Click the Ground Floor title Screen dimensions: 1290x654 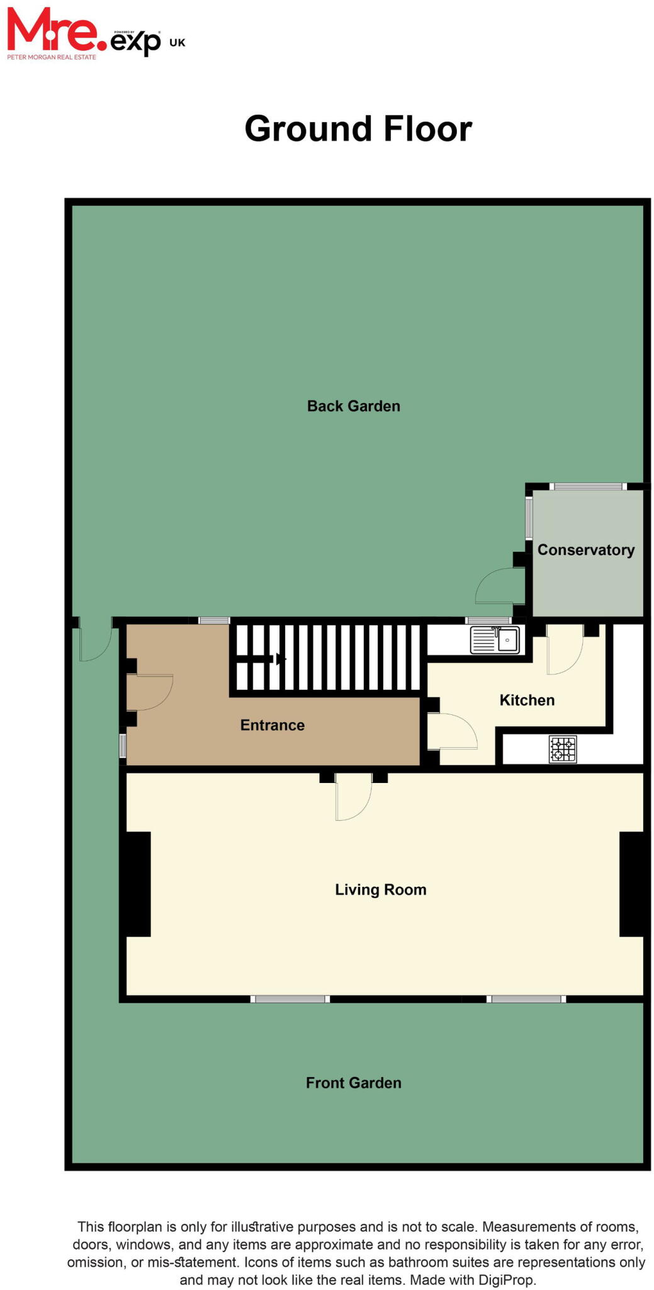tap(358, 129)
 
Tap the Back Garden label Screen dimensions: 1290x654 tap(353, 406)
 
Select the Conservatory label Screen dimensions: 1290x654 tap(585, 550)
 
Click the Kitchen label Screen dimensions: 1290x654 tap(527, 700)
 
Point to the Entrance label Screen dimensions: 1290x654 tap(272, 725)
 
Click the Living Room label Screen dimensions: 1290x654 tap(380, 889)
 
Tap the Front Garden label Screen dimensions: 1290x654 tap(353, 1082)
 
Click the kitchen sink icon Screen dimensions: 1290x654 tap(495, 640)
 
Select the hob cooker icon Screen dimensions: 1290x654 tap(563, 750)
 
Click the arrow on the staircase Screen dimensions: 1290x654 tap(279, 659)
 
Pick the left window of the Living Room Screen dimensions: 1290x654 tap(290, 998)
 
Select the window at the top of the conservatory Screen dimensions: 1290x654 tap(588, 486)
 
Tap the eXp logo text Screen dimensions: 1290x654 tap(135, 43)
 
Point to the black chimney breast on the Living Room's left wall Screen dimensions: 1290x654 tap(135, 884)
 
